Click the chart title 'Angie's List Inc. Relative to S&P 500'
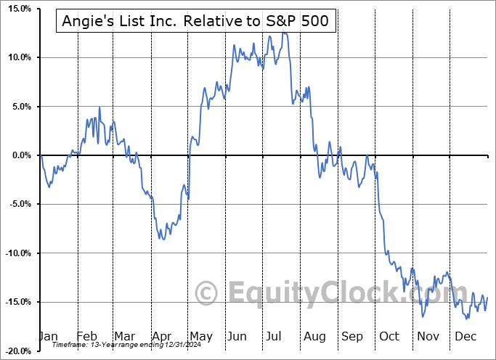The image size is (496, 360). [x=195, y=22]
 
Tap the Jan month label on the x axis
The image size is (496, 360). [x=49, y=336]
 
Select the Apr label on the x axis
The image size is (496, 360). [x=162, y=336]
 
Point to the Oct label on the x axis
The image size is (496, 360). [x=389, y=336]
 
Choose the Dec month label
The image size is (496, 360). [x=465, y=336]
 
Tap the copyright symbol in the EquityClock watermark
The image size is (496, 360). [x=208, y=293]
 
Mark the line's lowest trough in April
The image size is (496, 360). [x=163, y=240]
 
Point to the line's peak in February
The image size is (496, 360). [x=99, y=107]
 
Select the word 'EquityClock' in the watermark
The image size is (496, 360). [x=312, y=293]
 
